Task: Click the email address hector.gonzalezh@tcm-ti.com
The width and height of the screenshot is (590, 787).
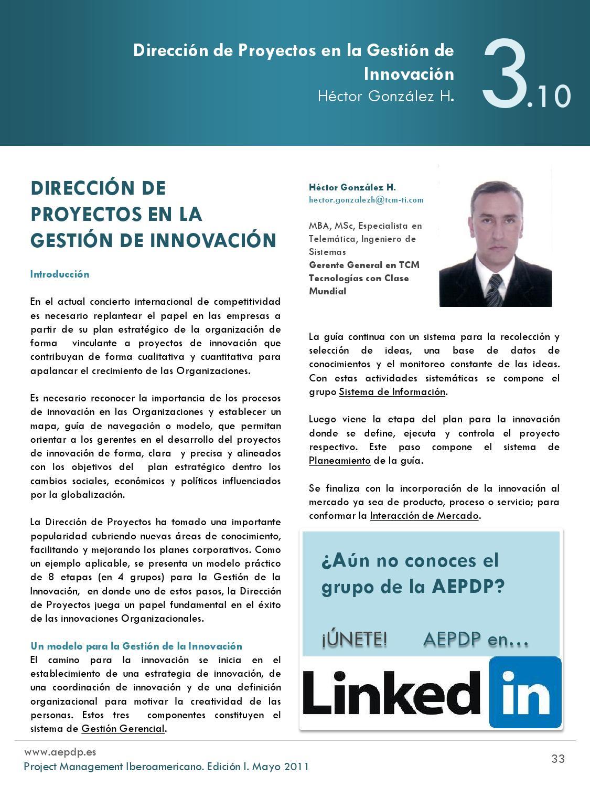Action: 366,200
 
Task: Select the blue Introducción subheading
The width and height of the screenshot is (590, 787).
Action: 60,274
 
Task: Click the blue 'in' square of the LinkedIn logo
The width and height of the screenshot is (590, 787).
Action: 525,693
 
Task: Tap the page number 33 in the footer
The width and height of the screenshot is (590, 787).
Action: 558,759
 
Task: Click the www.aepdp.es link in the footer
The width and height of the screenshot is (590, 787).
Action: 60,752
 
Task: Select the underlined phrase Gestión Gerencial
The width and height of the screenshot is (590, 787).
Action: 123,729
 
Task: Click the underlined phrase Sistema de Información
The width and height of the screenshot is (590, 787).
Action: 392,392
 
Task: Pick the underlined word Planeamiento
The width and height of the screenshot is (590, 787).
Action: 340,461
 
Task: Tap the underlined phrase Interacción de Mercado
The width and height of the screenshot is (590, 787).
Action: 424,516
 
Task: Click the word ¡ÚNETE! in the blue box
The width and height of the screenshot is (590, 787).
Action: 355,640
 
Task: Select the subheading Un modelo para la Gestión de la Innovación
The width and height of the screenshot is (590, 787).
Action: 136,646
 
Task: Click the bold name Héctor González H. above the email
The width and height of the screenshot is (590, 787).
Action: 352,187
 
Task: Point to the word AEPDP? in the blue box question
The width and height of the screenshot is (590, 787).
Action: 468,586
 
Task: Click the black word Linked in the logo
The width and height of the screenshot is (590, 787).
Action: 392,694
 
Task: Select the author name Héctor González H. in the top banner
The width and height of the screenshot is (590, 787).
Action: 385,97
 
